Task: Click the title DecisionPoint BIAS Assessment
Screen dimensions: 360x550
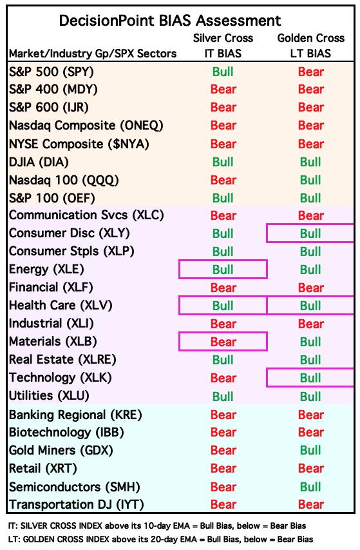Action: pyautogui.click(x=170, y=21)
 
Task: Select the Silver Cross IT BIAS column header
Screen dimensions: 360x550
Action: pyautogui.click(x=223, y=46)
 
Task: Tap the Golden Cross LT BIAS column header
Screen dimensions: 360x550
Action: pyautogui.click(x=311, y=46)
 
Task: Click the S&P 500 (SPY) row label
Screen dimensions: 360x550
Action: pyautogui.click(x=52, y=72)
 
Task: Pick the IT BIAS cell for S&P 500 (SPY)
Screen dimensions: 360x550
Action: pyautogui.click(x=223, y=72)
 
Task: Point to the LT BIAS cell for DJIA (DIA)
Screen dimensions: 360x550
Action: pyautogui.click(x=310, y=162)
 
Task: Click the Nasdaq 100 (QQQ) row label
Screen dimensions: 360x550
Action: pyautogui.click(x=64, y=181)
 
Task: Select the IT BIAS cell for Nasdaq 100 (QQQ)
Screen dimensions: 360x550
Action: pyautogui.click(x=223, y=181)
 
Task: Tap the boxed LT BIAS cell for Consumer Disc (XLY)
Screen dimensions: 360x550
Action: pyautogui.click(x=310, y=233)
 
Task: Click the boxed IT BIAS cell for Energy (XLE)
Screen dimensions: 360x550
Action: pyautogui.click(x=223, y=270)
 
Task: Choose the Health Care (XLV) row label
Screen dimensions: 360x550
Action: pyautogui.click(x=61, y=306)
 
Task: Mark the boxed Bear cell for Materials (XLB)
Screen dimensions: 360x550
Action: pyautogui.click(x=223, y=342)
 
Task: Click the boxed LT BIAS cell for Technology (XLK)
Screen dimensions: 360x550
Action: pyautogui.click(x=310, y=378)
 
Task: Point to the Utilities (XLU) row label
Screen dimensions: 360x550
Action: pyautogui.click(x=49, y=396)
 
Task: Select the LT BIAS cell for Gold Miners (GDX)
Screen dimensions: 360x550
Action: pyautogui.click(x=310, y=451)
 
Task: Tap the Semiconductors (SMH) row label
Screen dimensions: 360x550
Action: pyautogui.click(x=75, y=487)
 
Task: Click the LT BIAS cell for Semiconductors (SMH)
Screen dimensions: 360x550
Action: pyautogui.click(x=310, y=487)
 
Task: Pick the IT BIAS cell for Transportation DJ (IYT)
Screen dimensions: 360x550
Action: pyautogui.click(x=223, y=504)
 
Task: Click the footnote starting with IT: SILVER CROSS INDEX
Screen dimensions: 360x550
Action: pyautogui.click(x=157, y=525)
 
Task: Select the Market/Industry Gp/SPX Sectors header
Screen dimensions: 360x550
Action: pyautogui.click(x=93, y=54)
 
